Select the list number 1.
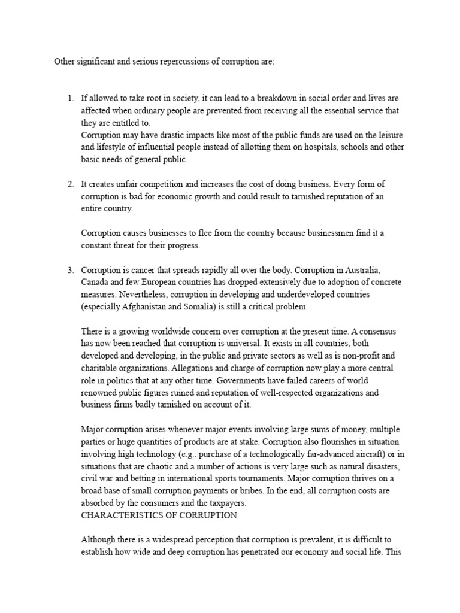tap(70, 98)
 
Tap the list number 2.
tap(70, 183)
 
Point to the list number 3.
tap(70, 270)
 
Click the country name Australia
tap(375, 270)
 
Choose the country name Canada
tap(95, 282)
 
